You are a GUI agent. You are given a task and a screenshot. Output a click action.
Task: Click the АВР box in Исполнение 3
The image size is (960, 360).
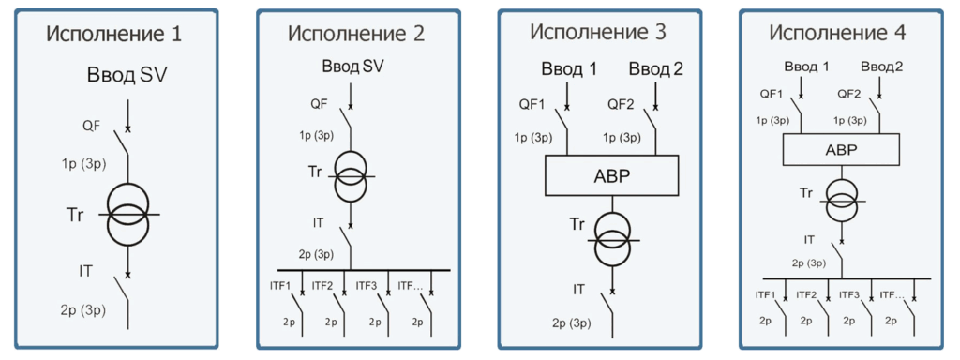612,176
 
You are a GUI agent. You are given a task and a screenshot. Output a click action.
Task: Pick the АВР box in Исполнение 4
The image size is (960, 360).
841,149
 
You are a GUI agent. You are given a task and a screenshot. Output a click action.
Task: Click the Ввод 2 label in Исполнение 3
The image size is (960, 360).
656,68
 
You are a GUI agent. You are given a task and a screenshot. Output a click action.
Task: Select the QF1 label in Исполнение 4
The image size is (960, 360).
772,94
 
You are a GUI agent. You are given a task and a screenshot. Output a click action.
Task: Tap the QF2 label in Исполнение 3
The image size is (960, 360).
623,104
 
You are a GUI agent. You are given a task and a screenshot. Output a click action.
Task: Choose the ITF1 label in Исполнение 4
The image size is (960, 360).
766,294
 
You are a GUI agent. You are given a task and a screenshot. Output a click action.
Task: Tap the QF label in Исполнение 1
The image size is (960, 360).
91,125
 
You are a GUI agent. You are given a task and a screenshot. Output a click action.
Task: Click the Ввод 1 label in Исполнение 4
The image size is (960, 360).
806,67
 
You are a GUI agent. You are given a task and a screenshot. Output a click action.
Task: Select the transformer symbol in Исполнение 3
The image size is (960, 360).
612,240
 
